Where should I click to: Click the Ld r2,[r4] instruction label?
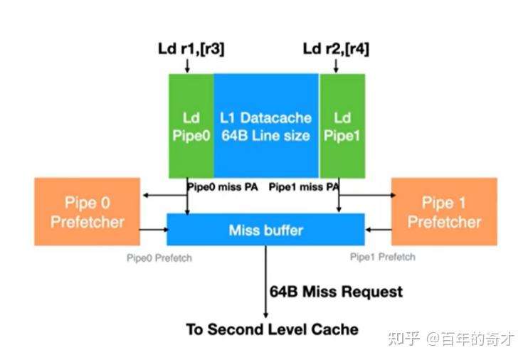point(336,48)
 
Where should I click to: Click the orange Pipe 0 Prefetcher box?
point(87,212)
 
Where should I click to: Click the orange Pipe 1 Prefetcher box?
point(444,212)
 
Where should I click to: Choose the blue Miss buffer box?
point(265,230)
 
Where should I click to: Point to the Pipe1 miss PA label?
point(303,187)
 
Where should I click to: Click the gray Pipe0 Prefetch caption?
point(158,257)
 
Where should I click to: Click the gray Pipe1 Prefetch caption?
point(382,257)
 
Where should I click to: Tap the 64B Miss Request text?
point(336,292)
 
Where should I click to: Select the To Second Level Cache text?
point(272,329)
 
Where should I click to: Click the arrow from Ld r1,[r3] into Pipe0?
point(187,65)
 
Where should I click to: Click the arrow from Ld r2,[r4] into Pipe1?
point(335,65)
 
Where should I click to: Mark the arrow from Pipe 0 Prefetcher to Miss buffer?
point(153,230)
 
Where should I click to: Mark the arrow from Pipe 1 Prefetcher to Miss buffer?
point(378,230)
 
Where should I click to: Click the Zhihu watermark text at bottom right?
point(450,339)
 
